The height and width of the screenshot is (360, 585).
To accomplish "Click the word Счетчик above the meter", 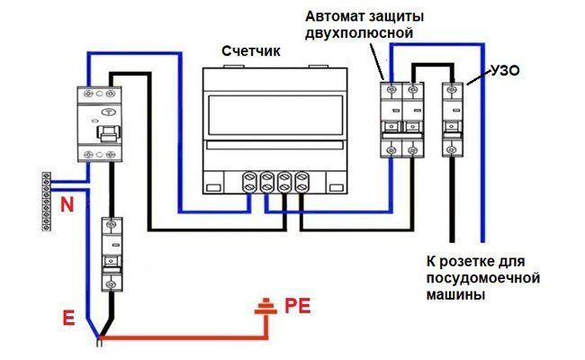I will pyautogui.click(x=252, y=51).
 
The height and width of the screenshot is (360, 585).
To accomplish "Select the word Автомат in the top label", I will pyautogui.click(x=335, y=17).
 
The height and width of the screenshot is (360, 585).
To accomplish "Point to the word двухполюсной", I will pyautogui.click(x=358, y=34).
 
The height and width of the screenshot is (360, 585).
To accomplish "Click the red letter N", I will pyautogui.click(x=67, y=205).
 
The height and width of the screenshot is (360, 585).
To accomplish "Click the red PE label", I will pyautogui.click(x=297, y=306).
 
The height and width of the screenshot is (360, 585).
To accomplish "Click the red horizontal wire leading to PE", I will pyautogui.click(x=180, y=339).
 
